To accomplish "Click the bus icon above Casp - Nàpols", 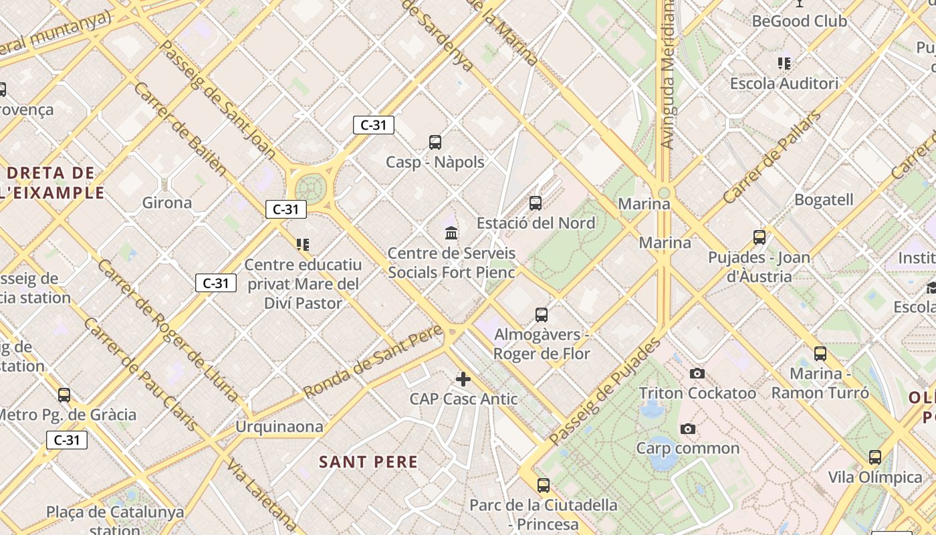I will (435, 142).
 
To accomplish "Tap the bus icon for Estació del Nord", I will (536, 203).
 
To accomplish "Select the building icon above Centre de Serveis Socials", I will (451, 233).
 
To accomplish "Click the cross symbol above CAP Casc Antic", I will (463, 379).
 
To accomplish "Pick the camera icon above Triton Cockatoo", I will (697, 373).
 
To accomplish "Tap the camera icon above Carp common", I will (688, 429).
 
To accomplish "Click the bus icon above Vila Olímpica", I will (875, 457).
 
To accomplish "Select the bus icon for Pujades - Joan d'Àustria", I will (759, 237).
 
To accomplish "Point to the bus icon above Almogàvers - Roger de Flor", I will (542, 314).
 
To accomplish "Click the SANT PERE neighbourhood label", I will (368, 462).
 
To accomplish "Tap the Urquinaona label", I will (279, 427).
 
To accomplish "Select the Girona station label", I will (167, 203).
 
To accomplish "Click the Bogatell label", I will (824, 200).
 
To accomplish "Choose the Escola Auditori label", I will (784, 84).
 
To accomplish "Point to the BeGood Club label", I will (799, 21).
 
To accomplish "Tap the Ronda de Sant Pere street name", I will (372, 361).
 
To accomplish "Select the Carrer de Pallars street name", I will (772, 158).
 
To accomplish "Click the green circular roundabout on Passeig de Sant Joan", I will (310, 187).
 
